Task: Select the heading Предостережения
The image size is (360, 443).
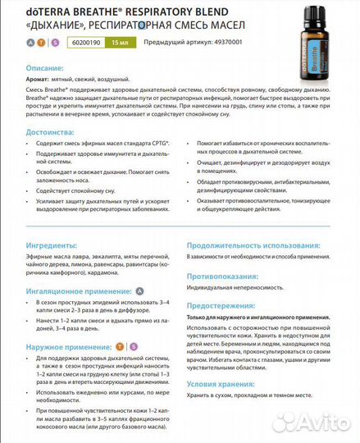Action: click(x=226, y=305)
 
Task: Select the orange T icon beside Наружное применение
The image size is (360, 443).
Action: click(x=121, y=347)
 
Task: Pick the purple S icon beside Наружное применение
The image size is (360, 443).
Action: click(x=134, y=347)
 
